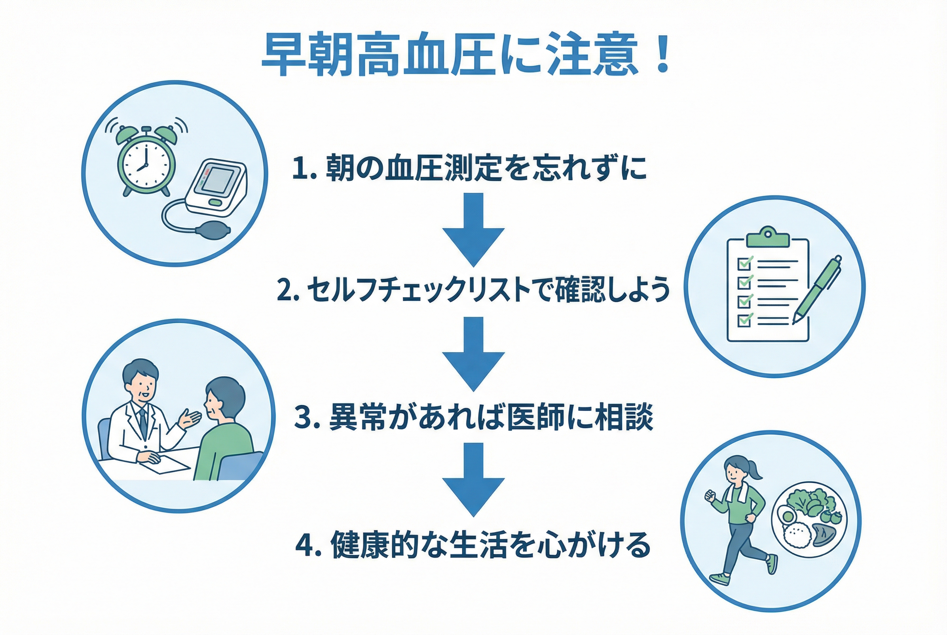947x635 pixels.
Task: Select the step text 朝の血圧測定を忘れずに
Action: click(486, 168)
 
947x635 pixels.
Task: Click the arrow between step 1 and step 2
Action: click(473, 230)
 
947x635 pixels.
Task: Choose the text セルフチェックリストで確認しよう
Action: click(488, 290)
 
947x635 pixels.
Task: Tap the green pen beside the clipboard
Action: click(817, 289)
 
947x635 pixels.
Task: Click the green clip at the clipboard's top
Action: click(768, 237)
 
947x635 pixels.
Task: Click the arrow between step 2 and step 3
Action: click(473, 354)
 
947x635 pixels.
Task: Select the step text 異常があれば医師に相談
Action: click(491, 417)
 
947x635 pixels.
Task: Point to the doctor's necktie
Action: click(142, 423)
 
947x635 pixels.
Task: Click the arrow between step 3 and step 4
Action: click(473, 480)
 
